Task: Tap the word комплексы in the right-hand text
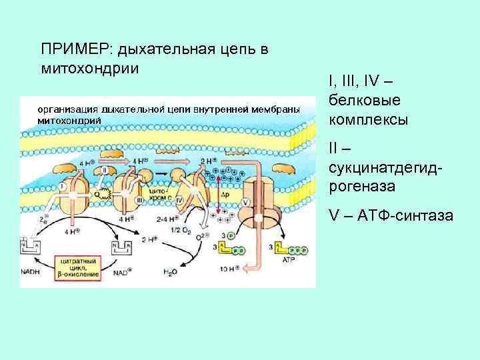click(369, 121)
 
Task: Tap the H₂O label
click(171, 272)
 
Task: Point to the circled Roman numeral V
click(246, 203)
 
